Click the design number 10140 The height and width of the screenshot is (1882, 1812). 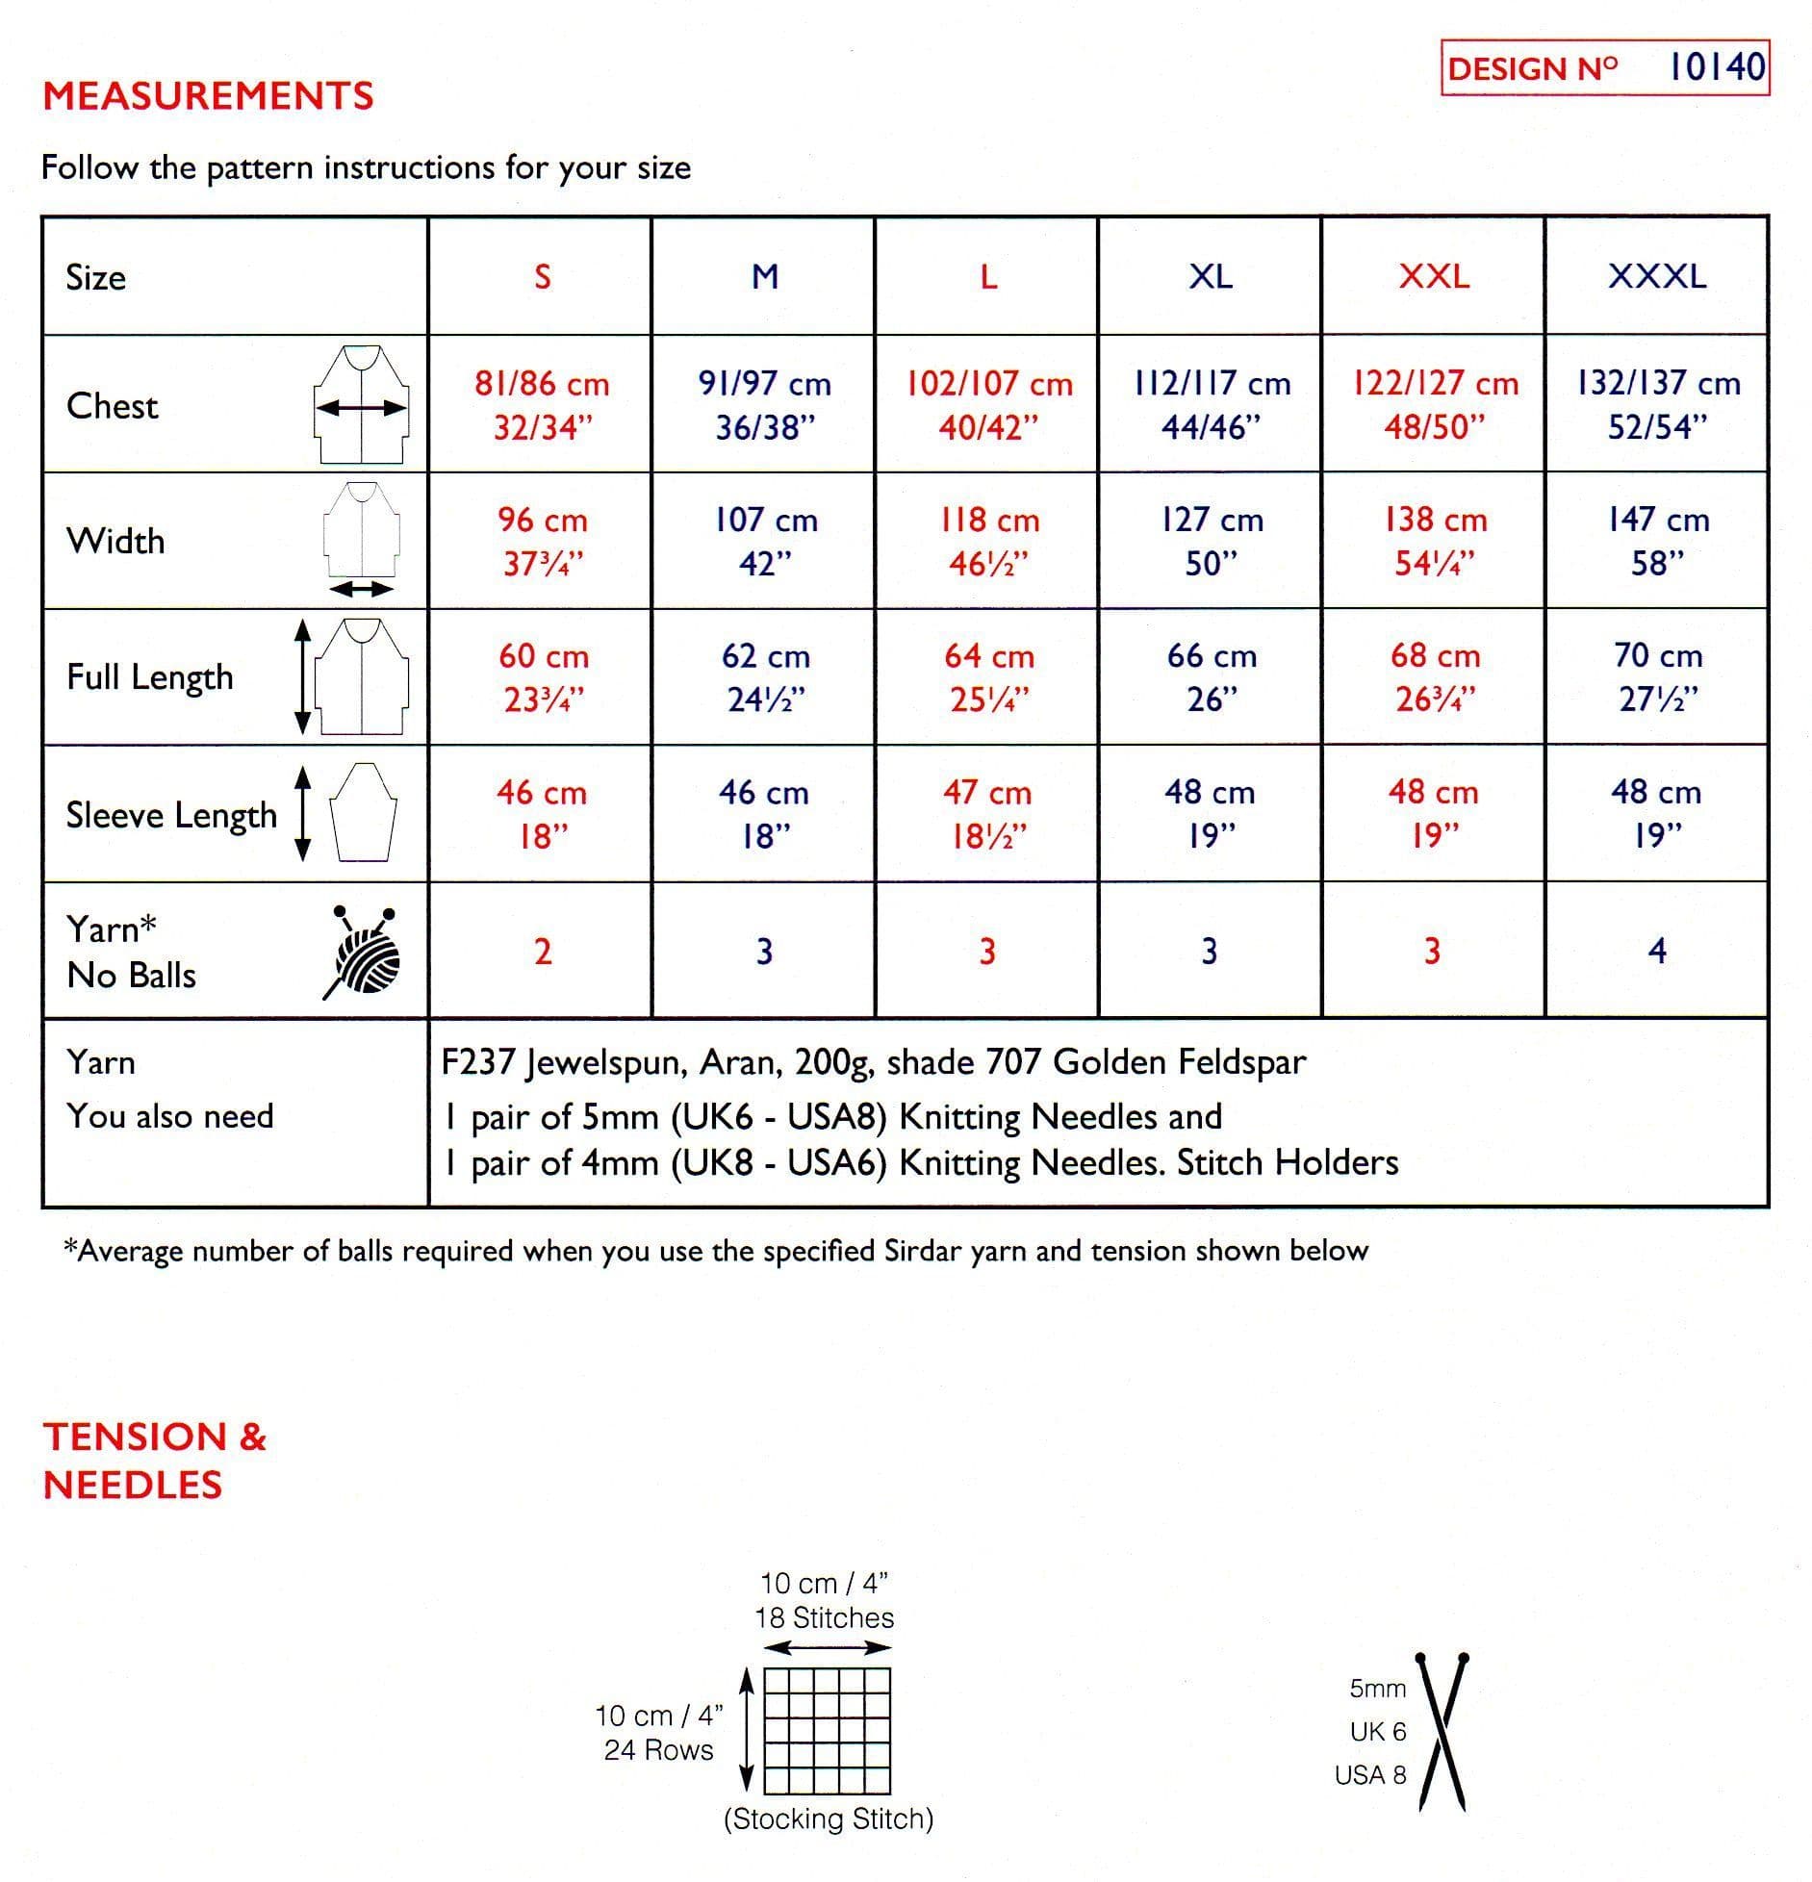pos(1717,67)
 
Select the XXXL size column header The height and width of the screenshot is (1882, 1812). pos(1657,277)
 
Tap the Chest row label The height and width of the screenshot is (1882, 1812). pos(112,406)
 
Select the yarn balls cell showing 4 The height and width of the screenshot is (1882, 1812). pos(1657,952)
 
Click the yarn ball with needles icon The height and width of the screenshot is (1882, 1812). pos(363,952)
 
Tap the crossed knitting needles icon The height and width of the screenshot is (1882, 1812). pos(1441,1733)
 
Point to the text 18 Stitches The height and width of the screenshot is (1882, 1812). pos(825,1618)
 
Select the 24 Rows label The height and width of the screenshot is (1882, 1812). pos(659,1750)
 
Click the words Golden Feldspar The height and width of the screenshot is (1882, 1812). pos(1180,1062)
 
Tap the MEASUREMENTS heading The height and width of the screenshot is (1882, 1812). pos(208,96)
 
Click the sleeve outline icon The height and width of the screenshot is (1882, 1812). pos(364,813)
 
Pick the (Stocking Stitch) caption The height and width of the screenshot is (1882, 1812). pos(829,1818)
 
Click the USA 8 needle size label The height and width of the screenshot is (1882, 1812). pos(1370,1775)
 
